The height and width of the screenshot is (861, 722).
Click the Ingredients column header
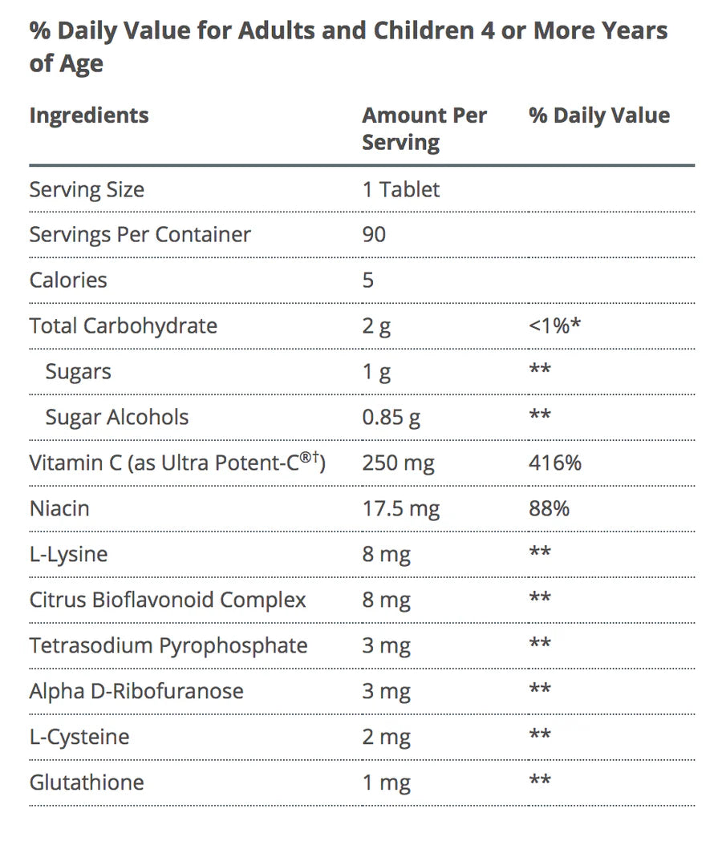(x=89, y=115)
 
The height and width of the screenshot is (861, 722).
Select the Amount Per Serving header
(x=424, y=128)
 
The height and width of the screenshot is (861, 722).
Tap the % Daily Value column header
(x=599, y=115)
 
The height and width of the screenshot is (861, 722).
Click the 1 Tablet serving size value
(x=400, y=190)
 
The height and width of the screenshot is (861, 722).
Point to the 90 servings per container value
(x=374, y=235)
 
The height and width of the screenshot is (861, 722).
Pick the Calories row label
(x=68, y=281)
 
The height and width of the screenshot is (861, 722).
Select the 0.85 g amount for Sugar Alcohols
(x=391, y=418)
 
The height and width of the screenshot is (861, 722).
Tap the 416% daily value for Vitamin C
(x=555, y=463)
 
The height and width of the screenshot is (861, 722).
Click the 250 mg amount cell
(x=398, y=463)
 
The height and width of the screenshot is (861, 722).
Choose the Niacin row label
(x=59, y=509)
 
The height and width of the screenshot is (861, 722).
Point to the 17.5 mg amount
(x=400, y=509)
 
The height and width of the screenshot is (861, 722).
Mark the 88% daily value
(x=549, y=509)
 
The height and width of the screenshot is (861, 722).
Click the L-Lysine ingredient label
(x=68, y=555)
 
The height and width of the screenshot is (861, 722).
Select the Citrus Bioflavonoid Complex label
(x=168, y=600)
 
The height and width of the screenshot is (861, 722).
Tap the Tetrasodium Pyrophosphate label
(x=168, y=646)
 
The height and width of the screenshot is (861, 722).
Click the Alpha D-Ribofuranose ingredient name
(x=136, y=692)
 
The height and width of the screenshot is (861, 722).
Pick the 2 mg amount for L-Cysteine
(x=386, y=738)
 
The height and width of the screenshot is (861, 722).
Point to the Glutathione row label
(x=87, y=783)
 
